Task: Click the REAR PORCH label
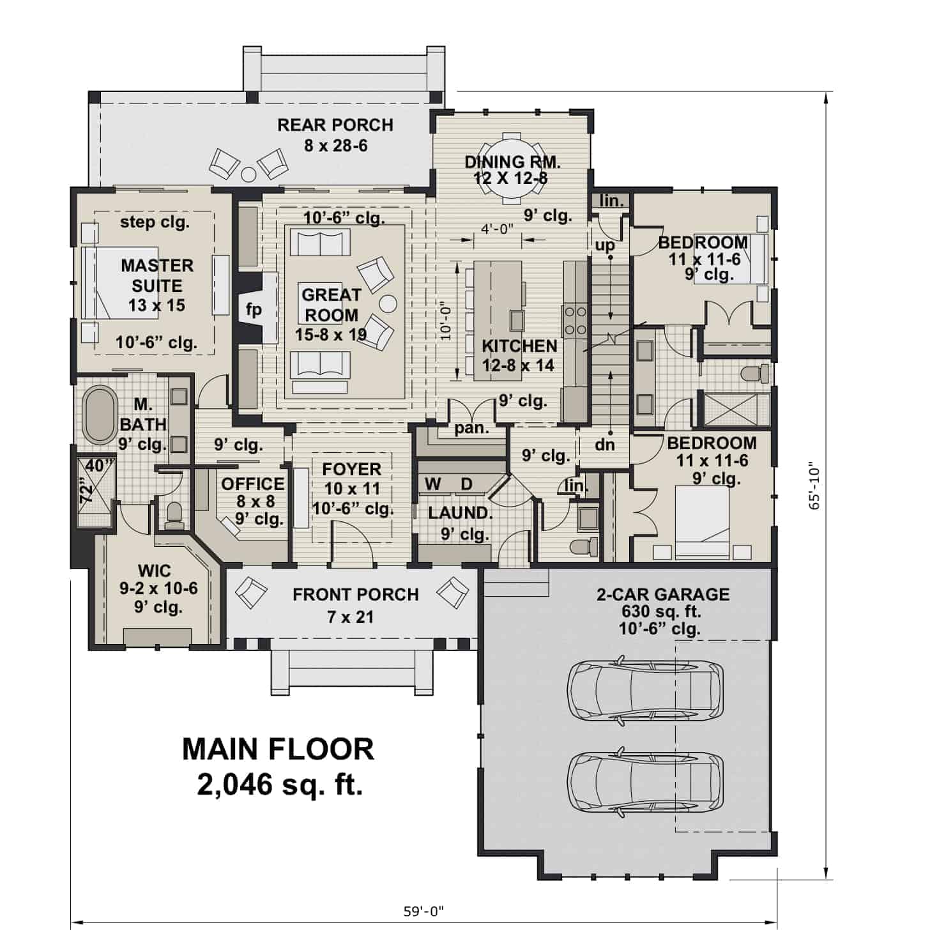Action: pyautogui.click(x=335, y=125)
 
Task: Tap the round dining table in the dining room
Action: pyautogui.click(x=511, y=167)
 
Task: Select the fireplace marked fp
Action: pyautogui.click(x=254, y=310)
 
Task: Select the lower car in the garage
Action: pyautogui.click(x=645, y=782)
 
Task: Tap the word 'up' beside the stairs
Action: pyautogui.click(x=604, y=245)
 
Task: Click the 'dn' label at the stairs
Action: pyautogui.click(x=604, y=445)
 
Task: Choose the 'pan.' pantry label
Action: pyautogui.click(x=471, y=429)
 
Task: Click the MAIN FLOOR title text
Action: pyautogui.click(x=278, y=749)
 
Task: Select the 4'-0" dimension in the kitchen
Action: pyautogui.click(x=498, y=229)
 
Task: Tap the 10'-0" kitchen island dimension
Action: pyautogui.click(x=446, y=319)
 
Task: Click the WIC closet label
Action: pyautogui.click(x=154, y=569)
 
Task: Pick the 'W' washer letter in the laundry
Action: pyautogui.click(x=432, y=484)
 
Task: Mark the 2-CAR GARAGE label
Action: pyautogui.click(x=662, y=595)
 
